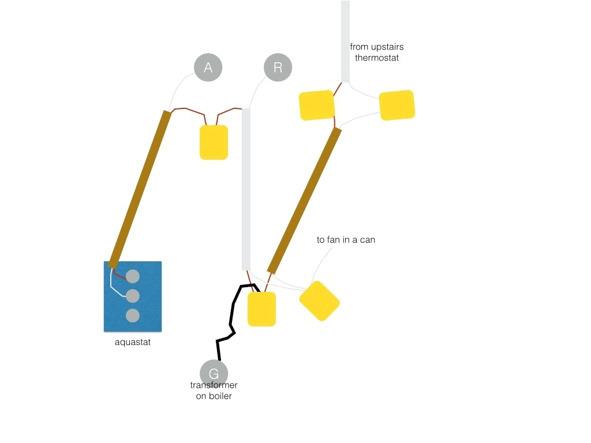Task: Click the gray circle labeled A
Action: click(x=208, y=67)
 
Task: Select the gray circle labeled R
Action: click(x=278, y=67)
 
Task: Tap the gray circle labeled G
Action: click(x=214, y=373)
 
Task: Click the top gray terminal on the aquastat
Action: click(x=133, y=276)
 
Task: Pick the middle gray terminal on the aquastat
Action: click(x=133, y=296)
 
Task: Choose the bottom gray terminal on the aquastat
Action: click(x=133, y=316)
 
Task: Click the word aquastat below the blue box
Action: click(x=133, y=342)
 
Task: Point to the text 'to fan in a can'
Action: click(x=346, y=239)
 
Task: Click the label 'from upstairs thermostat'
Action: click(x=376, y=52)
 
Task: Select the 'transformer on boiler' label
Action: click(x=214, y=391)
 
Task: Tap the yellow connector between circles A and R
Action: click(x=214, y=142)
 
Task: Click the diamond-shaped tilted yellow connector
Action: click(x=319, y=301)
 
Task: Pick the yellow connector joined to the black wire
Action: click(x=261, y=309)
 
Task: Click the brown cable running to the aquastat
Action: click(x=140, y=189)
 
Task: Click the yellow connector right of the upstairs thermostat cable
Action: click(x=397, y=105)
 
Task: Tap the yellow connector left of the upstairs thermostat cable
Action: click(x=316, y=106)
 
